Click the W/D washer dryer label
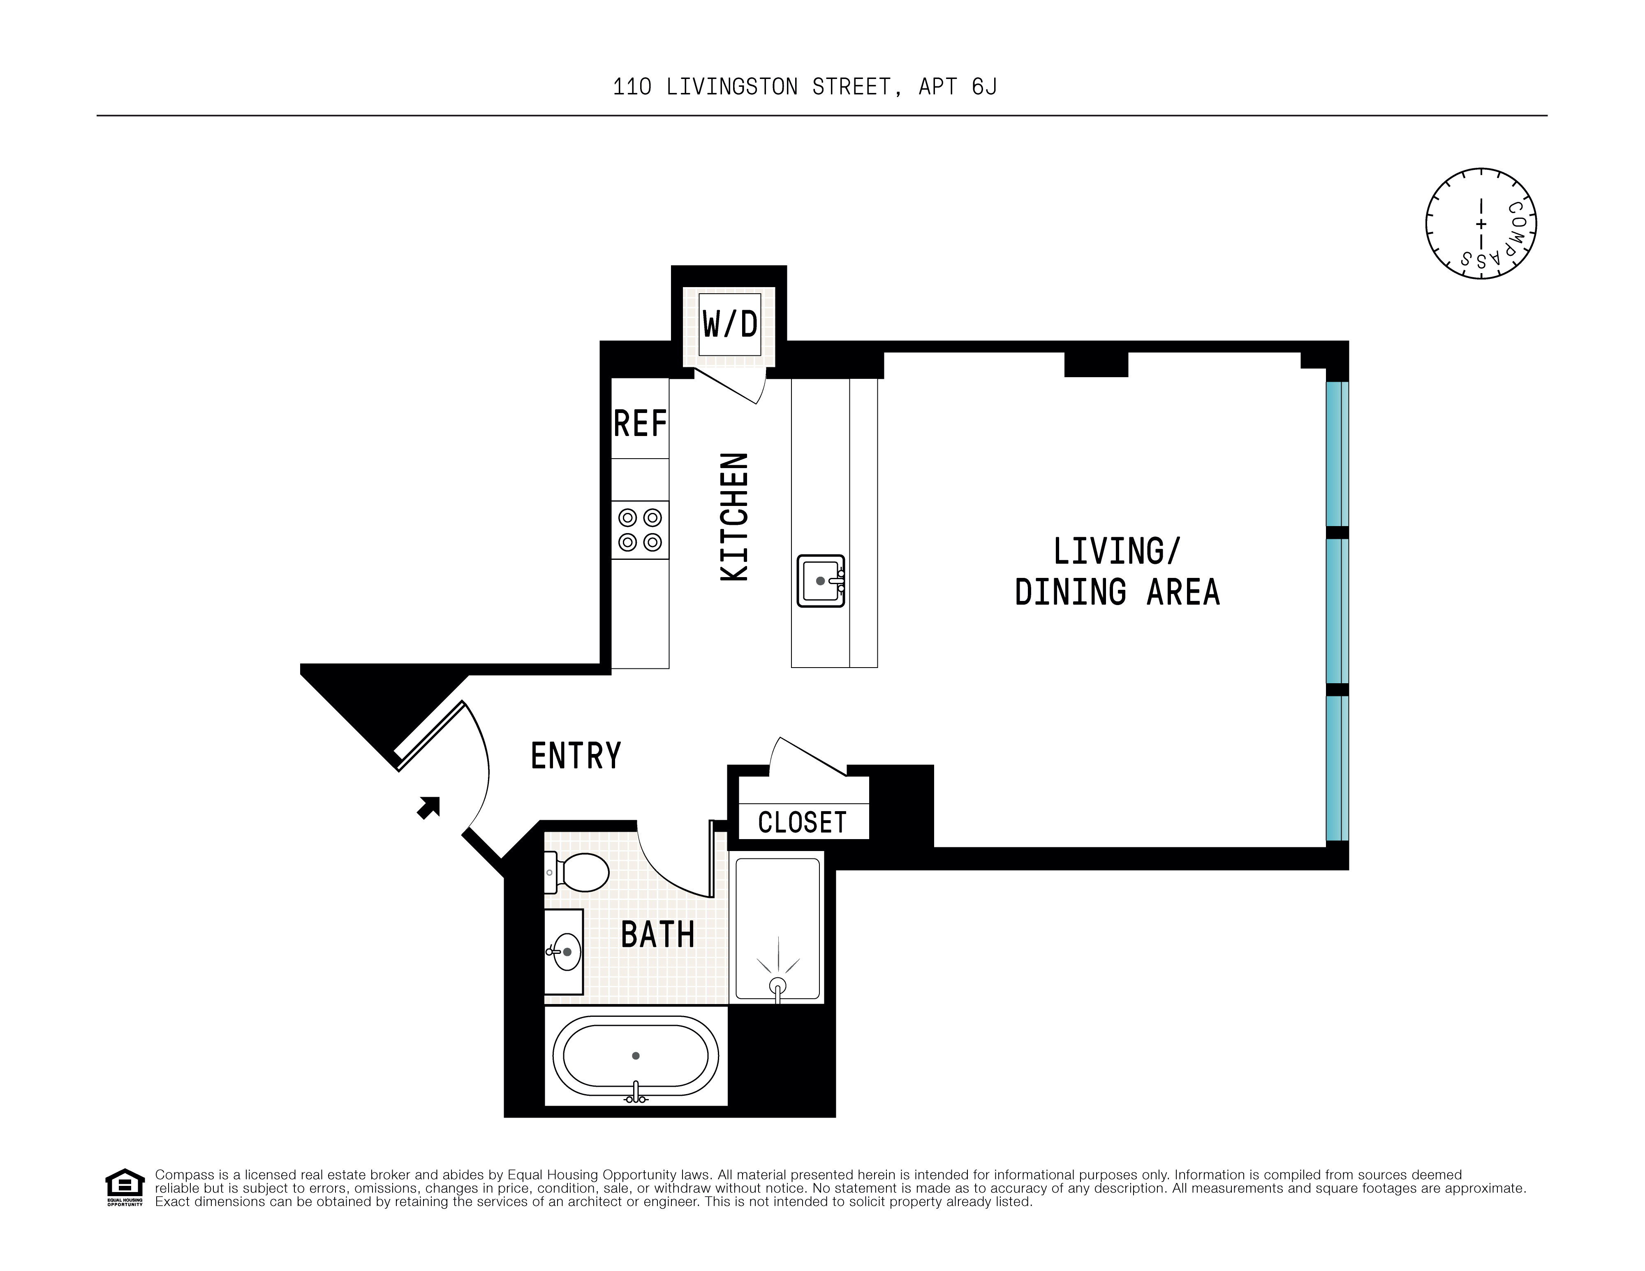pyautogui.click(x=729, y=325)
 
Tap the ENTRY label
pyautogui.click(x=576, y=756)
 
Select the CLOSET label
pyautogui.click(x=802, y=822)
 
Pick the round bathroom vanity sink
pyautogui.click(x=565, y=951)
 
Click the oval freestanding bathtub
pyautogui.click(x=636, y=1055)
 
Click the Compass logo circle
pyautogui.click(x=1481, y=224)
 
